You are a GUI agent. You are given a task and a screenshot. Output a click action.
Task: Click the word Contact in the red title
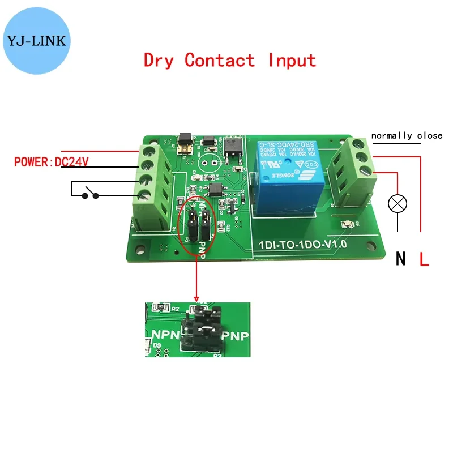click(x=220, y=60)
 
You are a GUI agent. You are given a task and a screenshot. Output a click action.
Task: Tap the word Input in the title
click(x=292, y=60)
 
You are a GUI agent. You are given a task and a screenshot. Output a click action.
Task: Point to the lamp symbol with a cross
click(x=398, y=203)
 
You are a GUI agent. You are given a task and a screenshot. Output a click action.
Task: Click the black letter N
click(x=401, y=259)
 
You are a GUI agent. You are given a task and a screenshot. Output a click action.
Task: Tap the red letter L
click(x=424, y=259)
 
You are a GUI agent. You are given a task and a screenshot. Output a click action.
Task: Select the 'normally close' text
click(x=407, y=136)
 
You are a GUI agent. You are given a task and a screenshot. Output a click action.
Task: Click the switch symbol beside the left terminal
click(x=91, y=195)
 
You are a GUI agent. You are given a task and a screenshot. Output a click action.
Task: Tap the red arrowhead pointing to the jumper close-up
click(x=196, y=297)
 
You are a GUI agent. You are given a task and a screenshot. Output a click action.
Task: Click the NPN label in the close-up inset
click(x=164, y=335)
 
